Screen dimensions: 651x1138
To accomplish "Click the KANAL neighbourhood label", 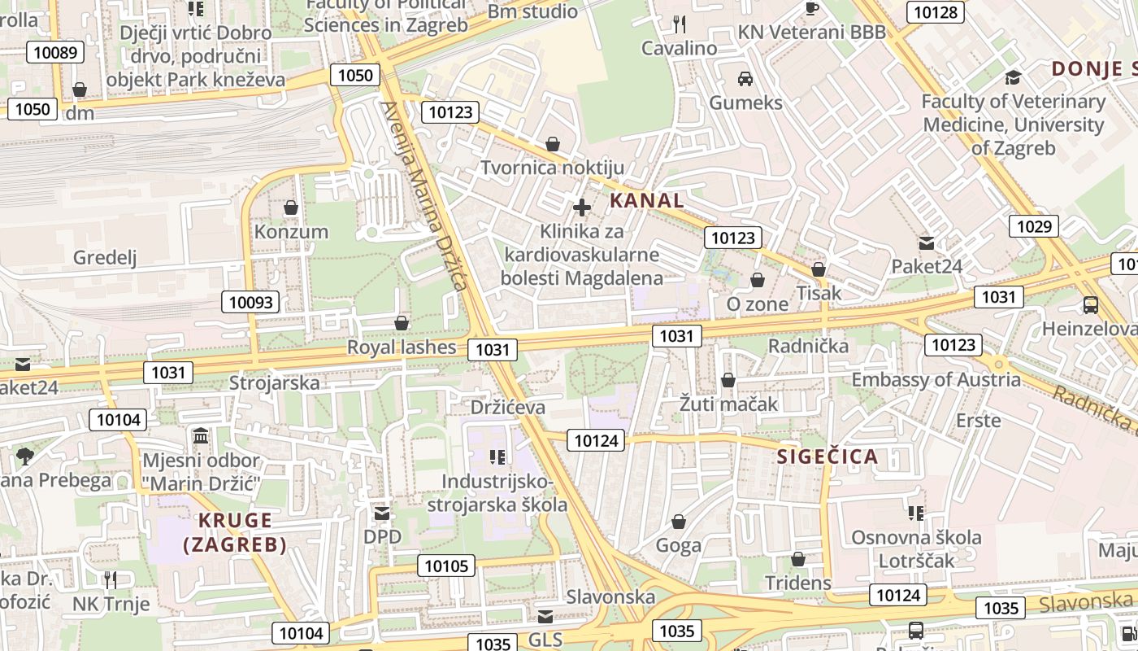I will [646, 200].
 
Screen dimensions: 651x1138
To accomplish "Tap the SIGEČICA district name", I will [827, 457].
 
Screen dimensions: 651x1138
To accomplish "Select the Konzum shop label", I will [291, 232].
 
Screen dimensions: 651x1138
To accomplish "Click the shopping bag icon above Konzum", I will [291, 208].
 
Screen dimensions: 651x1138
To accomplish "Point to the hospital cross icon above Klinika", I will [582, 207].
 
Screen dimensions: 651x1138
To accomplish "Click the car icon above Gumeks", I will [745, 79].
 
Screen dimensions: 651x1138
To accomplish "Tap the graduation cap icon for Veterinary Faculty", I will [1013, 77].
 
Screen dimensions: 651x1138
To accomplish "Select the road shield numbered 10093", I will [251, 303].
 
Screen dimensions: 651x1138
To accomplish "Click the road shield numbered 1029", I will [1034, 226].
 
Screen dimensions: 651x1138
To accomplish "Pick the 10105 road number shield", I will [447, 566].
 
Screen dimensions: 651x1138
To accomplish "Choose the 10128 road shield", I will [937, 12].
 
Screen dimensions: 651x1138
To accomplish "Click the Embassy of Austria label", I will [936, 380].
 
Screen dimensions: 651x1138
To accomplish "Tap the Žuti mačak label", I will [729, 404].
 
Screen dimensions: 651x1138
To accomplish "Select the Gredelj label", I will [105, 258].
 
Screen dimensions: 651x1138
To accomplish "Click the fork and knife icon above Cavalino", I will [680, 24].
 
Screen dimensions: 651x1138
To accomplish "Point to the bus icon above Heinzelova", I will [1091, 305].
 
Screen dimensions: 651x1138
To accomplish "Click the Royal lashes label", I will [402, 347].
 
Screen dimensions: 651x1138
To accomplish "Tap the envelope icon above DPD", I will [382, 513].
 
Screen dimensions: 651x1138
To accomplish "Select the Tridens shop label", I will [798, 583].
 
